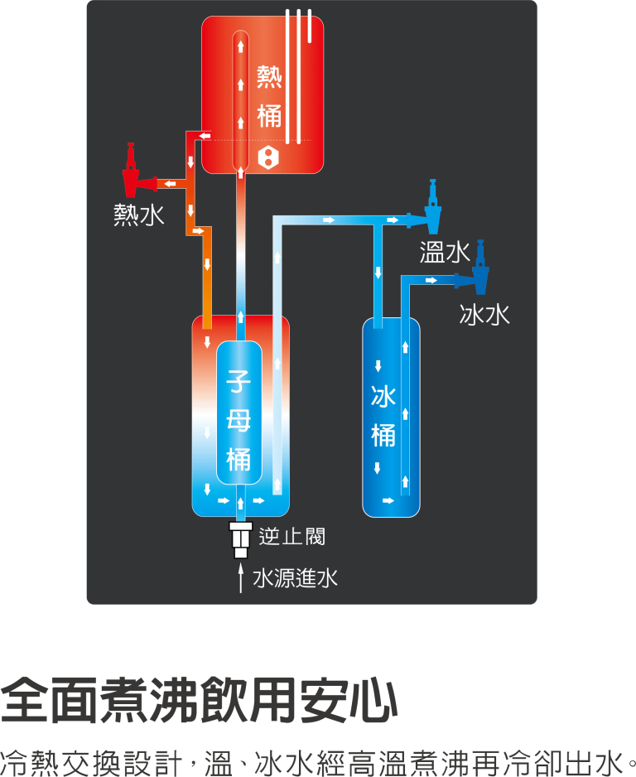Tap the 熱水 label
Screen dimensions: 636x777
point(138,215)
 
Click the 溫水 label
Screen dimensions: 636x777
point(445,252)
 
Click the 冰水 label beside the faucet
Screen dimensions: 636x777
point(484,314)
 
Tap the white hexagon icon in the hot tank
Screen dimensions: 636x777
point(268,158)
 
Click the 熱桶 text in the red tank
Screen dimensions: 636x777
point(269,97)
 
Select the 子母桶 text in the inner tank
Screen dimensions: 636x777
point(238,421)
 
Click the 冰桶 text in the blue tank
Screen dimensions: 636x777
point(383,416)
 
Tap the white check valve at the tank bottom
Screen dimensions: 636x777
point(241,539)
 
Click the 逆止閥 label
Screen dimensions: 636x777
point(292,537)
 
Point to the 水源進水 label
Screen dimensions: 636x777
point(295,578)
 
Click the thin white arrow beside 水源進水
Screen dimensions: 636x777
point(241,578)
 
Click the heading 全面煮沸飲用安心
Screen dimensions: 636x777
point(199,700)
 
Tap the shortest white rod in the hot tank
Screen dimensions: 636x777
point(310,26)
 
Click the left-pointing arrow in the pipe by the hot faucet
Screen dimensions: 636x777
point(170,184)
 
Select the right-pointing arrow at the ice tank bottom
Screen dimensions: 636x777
point(388,500)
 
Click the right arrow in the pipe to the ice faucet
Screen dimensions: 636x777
point(431,281)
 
